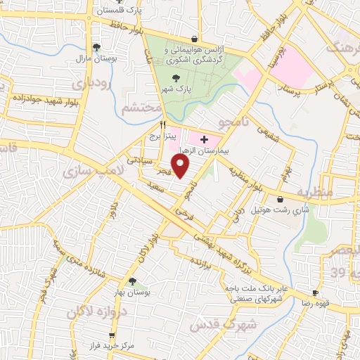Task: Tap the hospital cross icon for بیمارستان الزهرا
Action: [204, 140]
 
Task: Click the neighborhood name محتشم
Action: [136, 109]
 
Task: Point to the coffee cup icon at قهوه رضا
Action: [315, 292]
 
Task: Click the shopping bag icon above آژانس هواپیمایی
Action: [194, 39]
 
